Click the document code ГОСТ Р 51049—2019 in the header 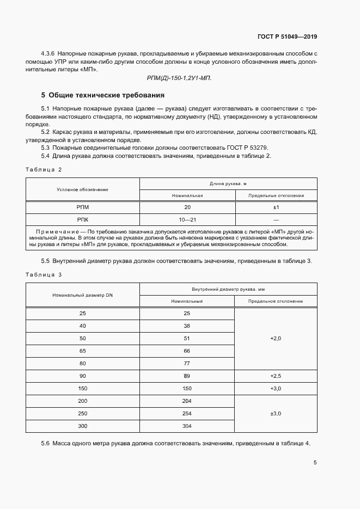287,37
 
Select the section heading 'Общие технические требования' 103,95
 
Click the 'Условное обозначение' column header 82,189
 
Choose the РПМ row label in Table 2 83,207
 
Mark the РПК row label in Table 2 83,220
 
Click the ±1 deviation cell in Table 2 276,207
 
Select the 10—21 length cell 187,220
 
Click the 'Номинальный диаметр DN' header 82,295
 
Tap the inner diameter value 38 187,326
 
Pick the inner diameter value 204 187,401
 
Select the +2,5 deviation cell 276,376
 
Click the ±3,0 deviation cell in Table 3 276,413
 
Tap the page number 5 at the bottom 315,463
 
